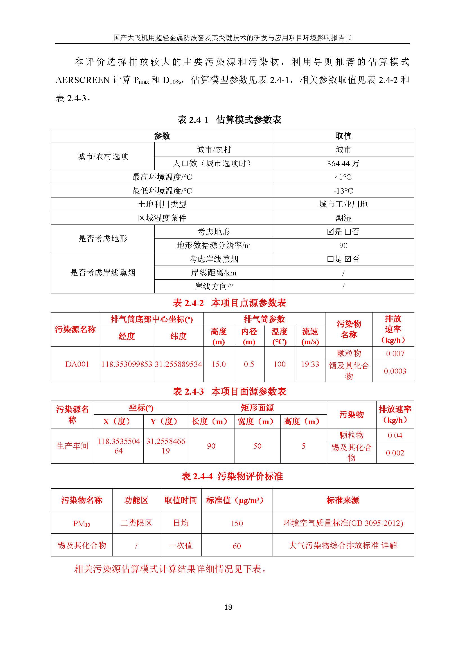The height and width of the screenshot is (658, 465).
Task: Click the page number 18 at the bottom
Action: [228, 607]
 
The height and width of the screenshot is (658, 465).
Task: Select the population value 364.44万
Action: [343, 163]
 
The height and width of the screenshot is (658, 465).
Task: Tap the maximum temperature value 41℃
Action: [343, 177]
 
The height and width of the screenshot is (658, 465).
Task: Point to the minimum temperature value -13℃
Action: [343, 191]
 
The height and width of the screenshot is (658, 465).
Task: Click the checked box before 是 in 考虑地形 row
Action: [330, 232]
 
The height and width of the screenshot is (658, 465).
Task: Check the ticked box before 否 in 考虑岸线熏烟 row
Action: [348, 259]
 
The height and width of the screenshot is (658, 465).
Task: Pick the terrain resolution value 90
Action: [343, 245]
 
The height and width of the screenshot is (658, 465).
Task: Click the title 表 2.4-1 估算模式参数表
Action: [229, 120]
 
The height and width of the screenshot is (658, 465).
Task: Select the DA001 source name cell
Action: [77, 364]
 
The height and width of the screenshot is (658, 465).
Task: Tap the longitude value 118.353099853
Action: [127, 364]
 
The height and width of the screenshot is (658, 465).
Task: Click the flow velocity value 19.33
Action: [310, 364]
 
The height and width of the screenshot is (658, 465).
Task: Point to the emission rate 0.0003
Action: [395, 371]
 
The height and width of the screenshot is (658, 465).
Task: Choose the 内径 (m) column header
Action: [249, 336]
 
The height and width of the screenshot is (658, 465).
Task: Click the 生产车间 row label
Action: [73, 446]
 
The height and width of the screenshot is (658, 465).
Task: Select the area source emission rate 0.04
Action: [395, 435]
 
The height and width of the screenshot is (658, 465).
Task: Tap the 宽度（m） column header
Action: [257, 421]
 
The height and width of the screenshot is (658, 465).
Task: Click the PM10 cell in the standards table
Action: [82, 523]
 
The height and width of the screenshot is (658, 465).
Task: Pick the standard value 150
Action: [237, 523]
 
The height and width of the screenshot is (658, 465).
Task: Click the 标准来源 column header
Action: [343, 500]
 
